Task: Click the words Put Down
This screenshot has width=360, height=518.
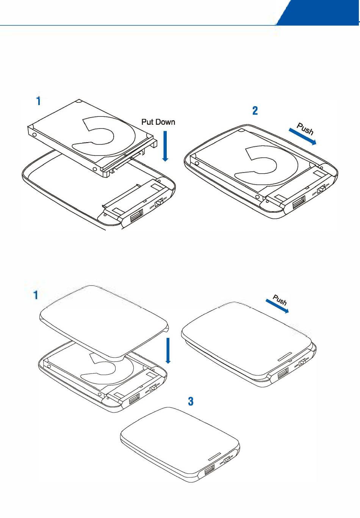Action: pyautogui.click(x=158, y=122)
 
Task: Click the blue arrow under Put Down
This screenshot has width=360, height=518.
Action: pyautogui.click(x=165, y=146)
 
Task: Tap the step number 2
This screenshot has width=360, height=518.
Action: pyautogui.click(x=255, y=111)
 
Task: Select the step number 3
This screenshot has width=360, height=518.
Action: pyautogui.click(x=191, y=401)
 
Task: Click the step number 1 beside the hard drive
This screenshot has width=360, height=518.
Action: pyautogui.click(x=38, y=102)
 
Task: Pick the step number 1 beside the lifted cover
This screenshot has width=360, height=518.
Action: pyautogui.click(x=36, y=295)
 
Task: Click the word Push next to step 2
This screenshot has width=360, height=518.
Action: pyautogui.click(x=305, y=129)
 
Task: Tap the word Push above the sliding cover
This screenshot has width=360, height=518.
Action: pyautogui.click(x=280, y=300)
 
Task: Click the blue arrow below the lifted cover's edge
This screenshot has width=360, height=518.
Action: pyautogui.click(x=168, y=350)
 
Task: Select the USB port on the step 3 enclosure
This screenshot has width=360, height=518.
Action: pyautogui.click(x=209, y=472)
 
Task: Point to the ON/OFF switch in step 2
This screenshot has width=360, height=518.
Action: pyautogui.click(x=321, y=188)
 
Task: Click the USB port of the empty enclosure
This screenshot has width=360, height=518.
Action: pyautogui.click(x=136, y=217)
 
